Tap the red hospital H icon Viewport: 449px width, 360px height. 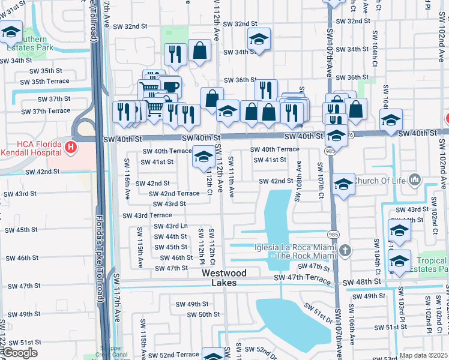pos(71,146)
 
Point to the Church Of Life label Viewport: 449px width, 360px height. pos(379,181)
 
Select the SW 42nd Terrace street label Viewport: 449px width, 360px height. pos(174,193)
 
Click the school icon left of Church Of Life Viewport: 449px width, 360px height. pos(343,184)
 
